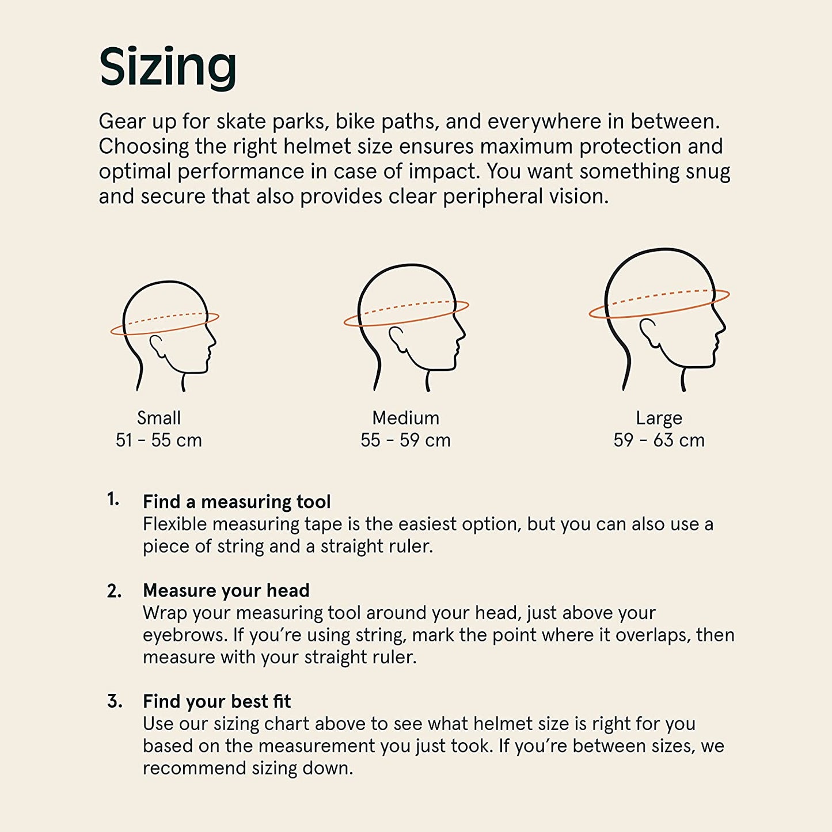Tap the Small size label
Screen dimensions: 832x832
coord(159,418)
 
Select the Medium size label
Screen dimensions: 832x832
coord(405,418)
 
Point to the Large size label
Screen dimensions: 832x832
coord(659,419)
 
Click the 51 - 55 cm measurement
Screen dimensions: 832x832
coord(159,440)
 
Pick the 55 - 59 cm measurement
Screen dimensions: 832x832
coord(405,440)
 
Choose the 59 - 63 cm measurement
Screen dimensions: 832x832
coord(659,440)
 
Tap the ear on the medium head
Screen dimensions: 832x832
coord(397,338)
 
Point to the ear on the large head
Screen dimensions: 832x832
coord(649,333)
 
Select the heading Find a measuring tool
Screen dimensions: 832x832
coord(237,502)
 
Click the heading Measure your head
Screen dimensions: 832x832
coord(226,590)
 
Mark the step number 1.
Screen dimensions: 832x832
coord(113,500)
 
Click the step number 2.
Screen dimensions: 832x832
coord(114,591)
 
